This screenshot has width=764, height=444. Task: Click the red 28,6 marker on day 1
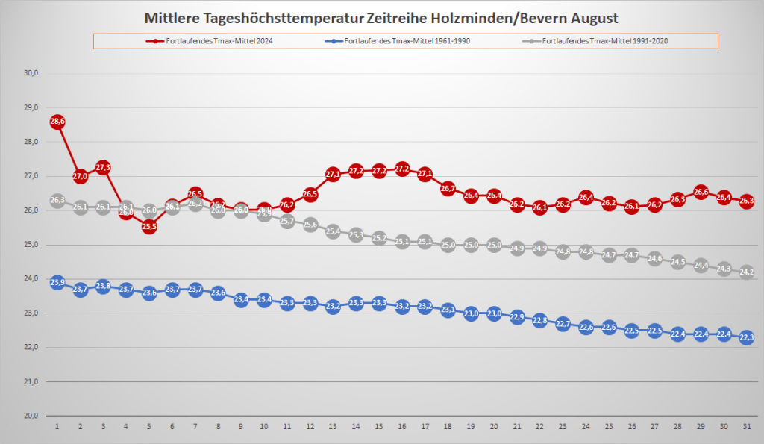click(x=57, y=122)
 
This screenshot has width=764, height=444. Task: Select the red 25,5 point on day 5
click(x=149, y=227)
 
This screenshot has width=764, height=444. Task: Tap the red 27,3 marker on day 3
click(x=103, y=167)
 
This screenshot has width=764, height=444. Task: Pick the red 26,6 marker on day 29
click(x=701, y=192)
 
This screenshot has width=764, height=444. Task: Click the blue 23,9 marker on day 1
click(x=57, y=282)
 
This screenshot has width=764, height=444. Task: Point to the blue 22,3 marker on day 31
click(x=746, y=337)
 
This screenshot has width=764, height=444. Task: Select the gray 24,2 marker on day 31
click(x=746, y=272)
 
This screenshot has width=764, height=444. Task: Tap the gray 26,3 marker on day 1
click(x=57, y=201)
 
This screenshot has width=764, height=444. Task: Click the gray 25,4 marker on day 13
click(x=333, y=231)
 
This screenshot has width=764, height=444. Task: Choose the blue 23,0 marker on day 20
click(x=494, y=313)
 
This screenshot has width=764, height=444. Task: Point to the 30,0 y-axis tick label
click(x=31, y=73)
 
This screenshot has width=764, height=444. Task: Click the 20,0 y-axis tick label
click(x=31, y=416)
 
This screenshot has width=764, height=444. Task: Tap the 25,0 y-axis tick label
click(x=31, y=245)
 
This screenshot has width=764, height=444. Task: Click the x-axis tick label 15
click(x=379, y=426)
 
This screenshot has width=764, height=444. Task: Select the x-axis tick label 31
click(x=746, y=426)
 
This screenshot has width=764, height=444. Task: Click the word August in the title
click(x=590, y=17)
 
